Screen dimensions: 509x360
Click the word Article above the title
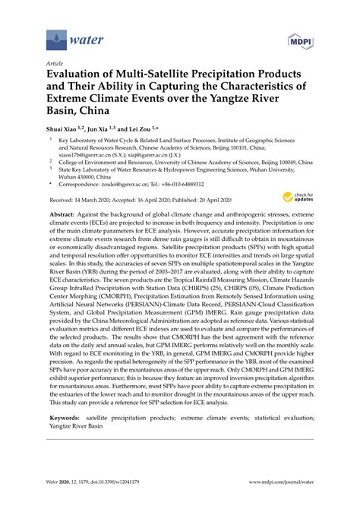pos(55,65)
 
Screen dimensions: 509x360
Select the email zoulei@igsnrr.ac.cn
pos(134,183)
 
